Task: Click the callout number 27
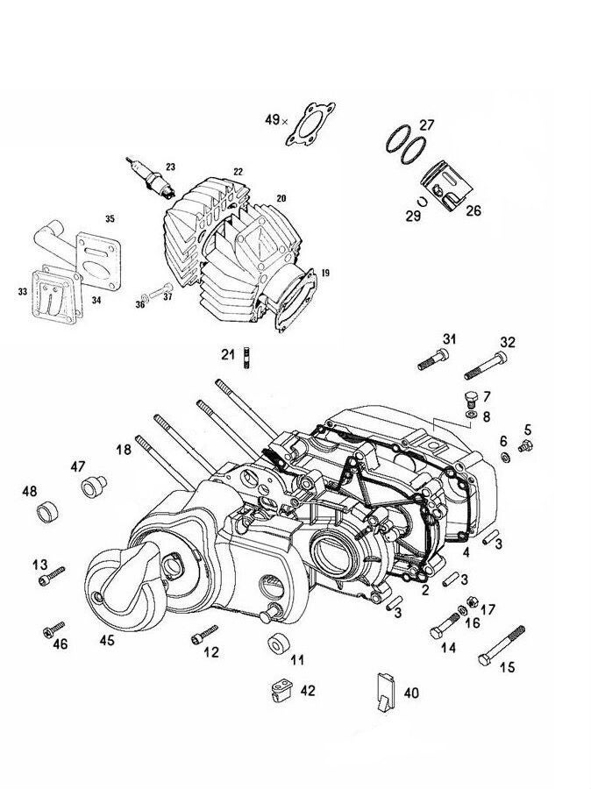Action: click(x=426, y=124)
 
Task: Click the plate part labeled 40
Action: click(x=383, y=688)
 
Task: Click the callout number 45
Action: click(x=106, y=641)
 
